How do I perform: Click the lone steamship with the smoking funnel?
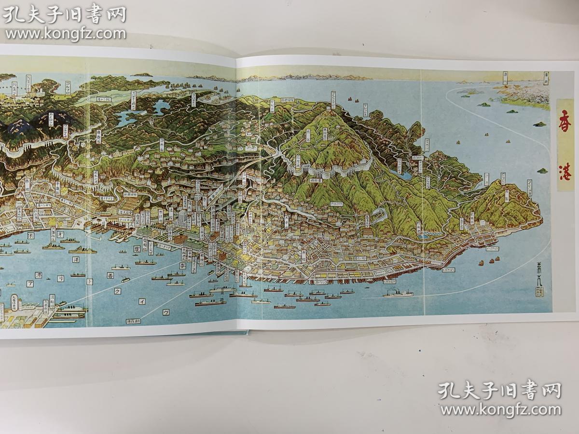[399, 292]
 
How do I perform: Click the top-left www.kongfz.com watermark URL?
[65, 34]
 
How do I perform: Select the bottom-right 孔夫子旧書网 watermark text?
[500, 391]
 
